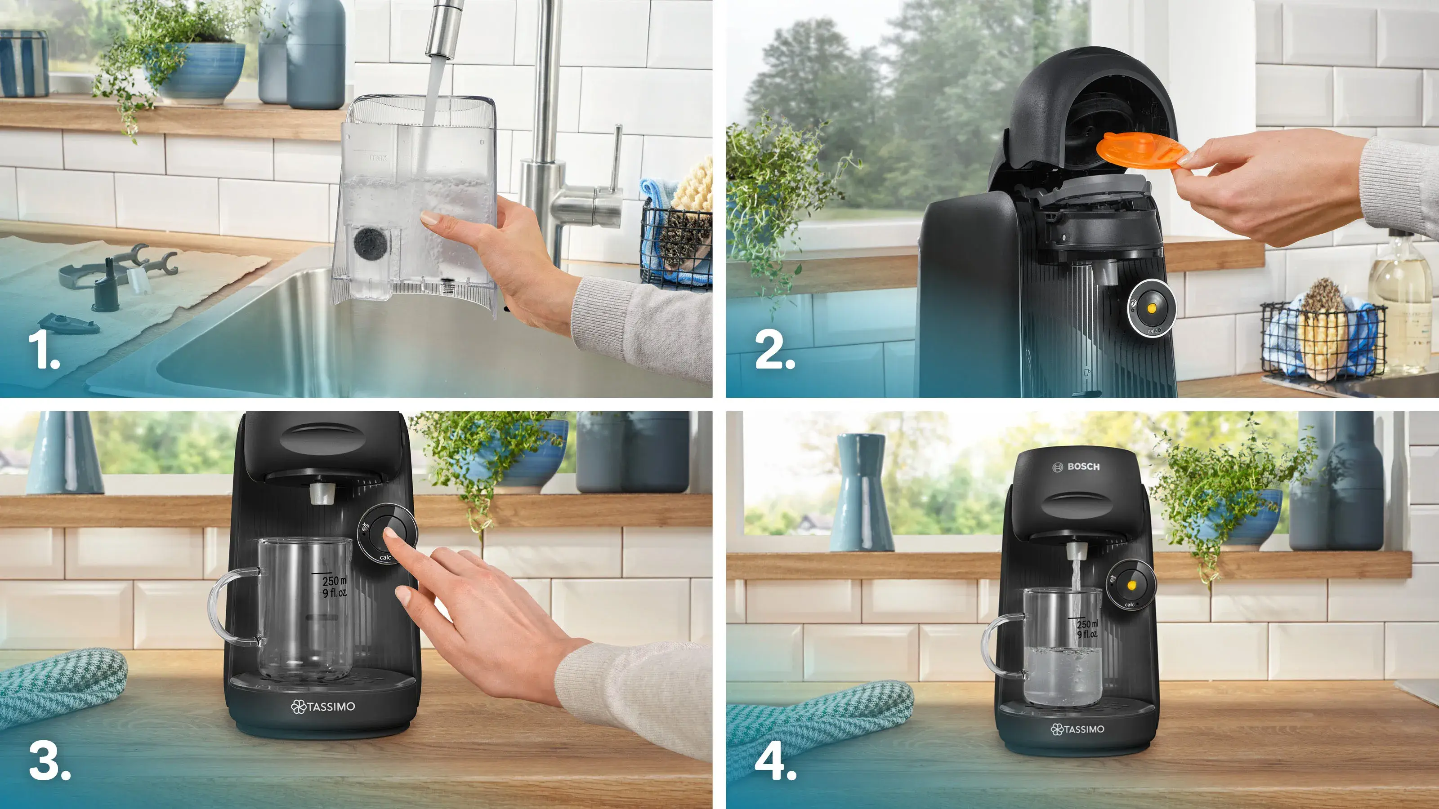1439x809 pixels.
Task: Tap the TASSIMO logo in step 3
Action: pos(323,706)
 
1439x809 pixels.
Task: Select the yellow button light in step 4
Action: pos(1132,585)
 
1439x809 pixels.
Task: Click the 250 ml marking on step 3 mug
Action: pos(334,582)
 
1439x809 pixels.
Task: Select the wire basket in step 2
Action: pos(1323,341)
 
